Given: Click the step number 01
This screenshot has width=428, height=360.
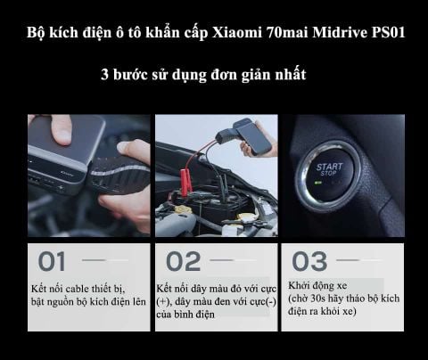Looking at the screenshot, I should tap(53, 262).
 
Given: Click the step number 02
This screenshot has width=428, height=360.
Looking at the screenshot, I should tap(183, 262).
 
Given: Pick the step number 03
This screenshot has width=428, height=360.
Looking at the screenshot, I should tap(309, 262).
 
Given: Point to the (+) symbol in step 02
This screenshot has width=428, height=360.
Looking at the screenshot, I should tap(164, 303).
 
